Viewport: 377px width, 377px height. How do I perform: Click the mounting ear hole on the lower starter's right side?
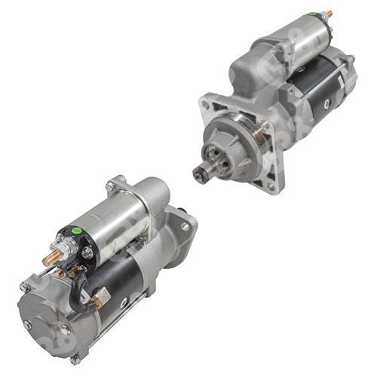tap(184, 225)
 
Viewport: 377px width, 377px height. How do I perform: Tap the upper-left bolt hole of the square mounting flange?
tap(205, 106)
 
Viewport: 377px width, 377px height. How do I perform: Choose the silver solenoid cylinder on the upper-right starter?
tap(294, 38)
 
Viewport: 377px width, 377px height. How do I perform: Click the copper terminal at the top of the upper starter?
tap(326, 14)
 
